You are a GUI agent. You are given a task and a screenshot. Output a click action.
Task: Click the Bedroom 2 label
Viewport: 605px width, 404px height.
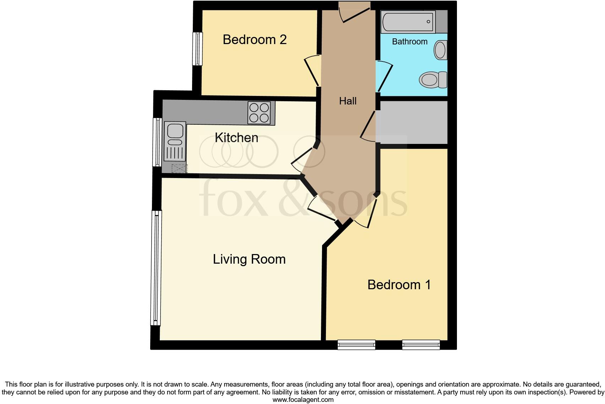[x=255, y=39]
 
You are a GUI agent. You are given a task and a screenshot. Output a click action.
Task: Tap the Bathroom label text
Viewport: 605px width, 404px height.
[x=409, y=42]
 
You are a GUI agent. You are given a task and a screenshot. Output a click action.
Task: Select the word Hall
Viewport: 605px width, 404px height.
[x=348, y=101]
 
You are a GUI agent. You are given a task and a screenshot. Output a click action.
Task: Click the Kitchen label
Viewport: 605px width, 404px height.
[x=236, y=138]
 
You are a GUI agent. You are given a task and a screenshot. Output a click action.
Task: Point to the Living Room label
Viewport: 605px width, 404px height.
[x=249, y=259]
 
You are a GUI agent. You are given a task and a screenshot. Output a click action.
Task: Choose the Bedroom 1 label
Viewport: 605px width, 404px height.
[x=399, y=285]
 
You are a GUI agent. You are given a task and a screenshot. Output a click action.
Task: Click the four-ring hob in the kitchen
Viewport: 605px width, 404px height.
[x=259, y=112]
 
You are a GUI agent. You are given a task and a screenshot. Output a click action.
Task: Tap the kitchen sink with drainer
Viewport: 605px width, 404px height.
[x=175, y=141]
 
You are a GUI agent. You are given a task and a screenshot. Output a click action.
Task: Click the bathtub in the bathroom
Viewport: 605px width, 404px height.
[x=408, y=21]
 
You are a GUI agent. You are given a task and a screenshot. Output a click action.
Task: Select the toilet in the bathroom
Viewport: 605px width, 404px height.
[x=432, y=79]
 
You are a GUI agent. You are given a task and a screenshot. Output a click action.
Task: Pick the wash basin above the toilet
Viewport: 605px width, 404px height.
[x=440, y=50]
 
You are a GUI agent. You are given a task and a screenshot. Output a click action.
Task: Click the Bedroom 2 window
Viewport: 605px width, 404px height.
[x=197, y=49]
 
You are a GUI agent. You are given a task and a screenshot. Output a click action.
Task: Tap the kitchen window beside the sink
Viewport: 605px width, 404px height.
[x=157, y=142]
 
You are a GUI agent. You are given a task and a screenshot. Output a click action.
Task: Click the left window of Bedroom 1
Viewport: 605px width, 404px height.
[x=356, y=344]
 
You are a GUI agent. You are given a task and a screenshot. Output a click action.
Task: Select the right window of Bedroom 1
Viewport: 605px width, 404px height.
[x=421, y=344]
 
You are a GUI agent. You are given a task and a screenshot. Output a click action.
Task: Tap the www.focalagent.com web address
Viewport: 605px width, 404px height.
[x=303, y=400]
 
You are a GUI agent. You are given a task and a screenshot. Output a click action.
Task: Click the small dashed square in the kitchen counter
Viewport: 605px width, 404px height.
[x=179, y=168]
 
